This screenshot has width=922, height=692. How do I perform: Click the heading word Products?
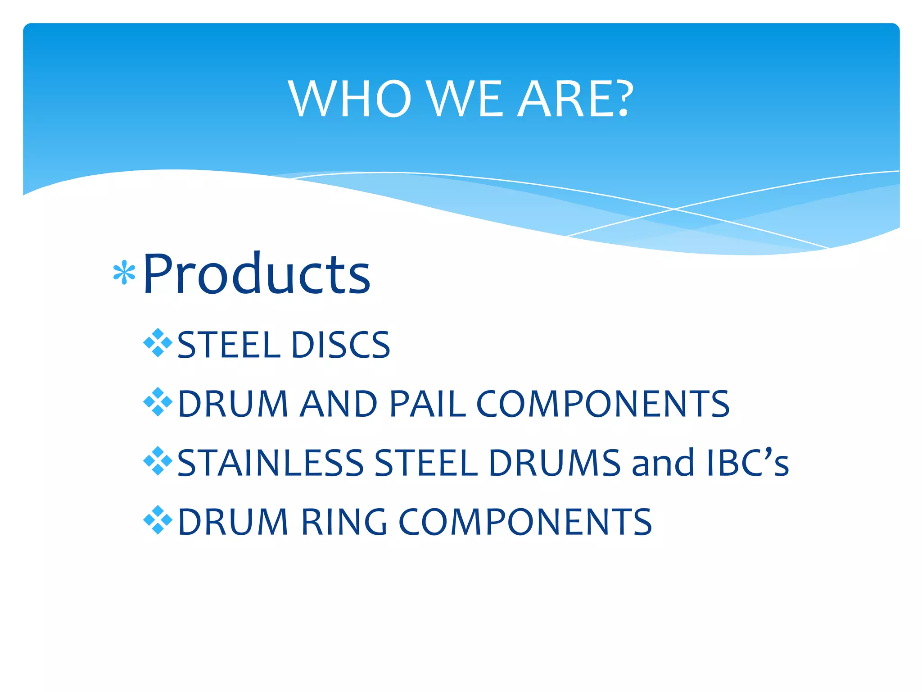(x=257, y=274)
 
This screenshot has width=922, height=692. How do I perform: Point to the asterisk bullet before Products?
(x=124, y=273)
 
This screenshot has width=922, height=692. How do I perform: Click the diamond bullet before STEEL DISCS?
(x=158, y=343)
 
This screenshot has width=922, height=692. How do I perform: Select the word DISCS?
(x=341, y=345)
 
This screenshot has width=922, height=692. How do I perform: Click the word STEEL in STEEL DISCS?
(x=230, y=345)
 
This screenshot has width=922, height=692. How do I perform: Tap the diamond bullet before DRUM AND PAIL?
(x=158, y=402)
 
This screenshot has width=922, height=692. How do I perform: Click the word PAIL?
(x=427, y=404)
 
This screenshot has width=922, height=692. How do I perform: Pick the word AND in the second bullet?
(x=339, y=404)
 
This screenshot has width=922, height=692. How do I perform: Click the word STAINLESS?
(x=270, y=463)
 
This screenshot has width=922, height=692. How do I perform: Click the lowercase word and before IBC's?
(x=663, y=463)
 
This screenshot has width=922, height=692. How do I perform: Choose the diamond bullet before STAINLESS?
(x=158, y=461)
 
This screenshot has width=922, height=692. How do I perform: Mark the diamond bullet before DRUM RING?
(x=158, y=520)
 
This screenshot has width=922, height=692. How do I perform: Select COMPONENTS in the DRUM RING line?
(x=525, y=522)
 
